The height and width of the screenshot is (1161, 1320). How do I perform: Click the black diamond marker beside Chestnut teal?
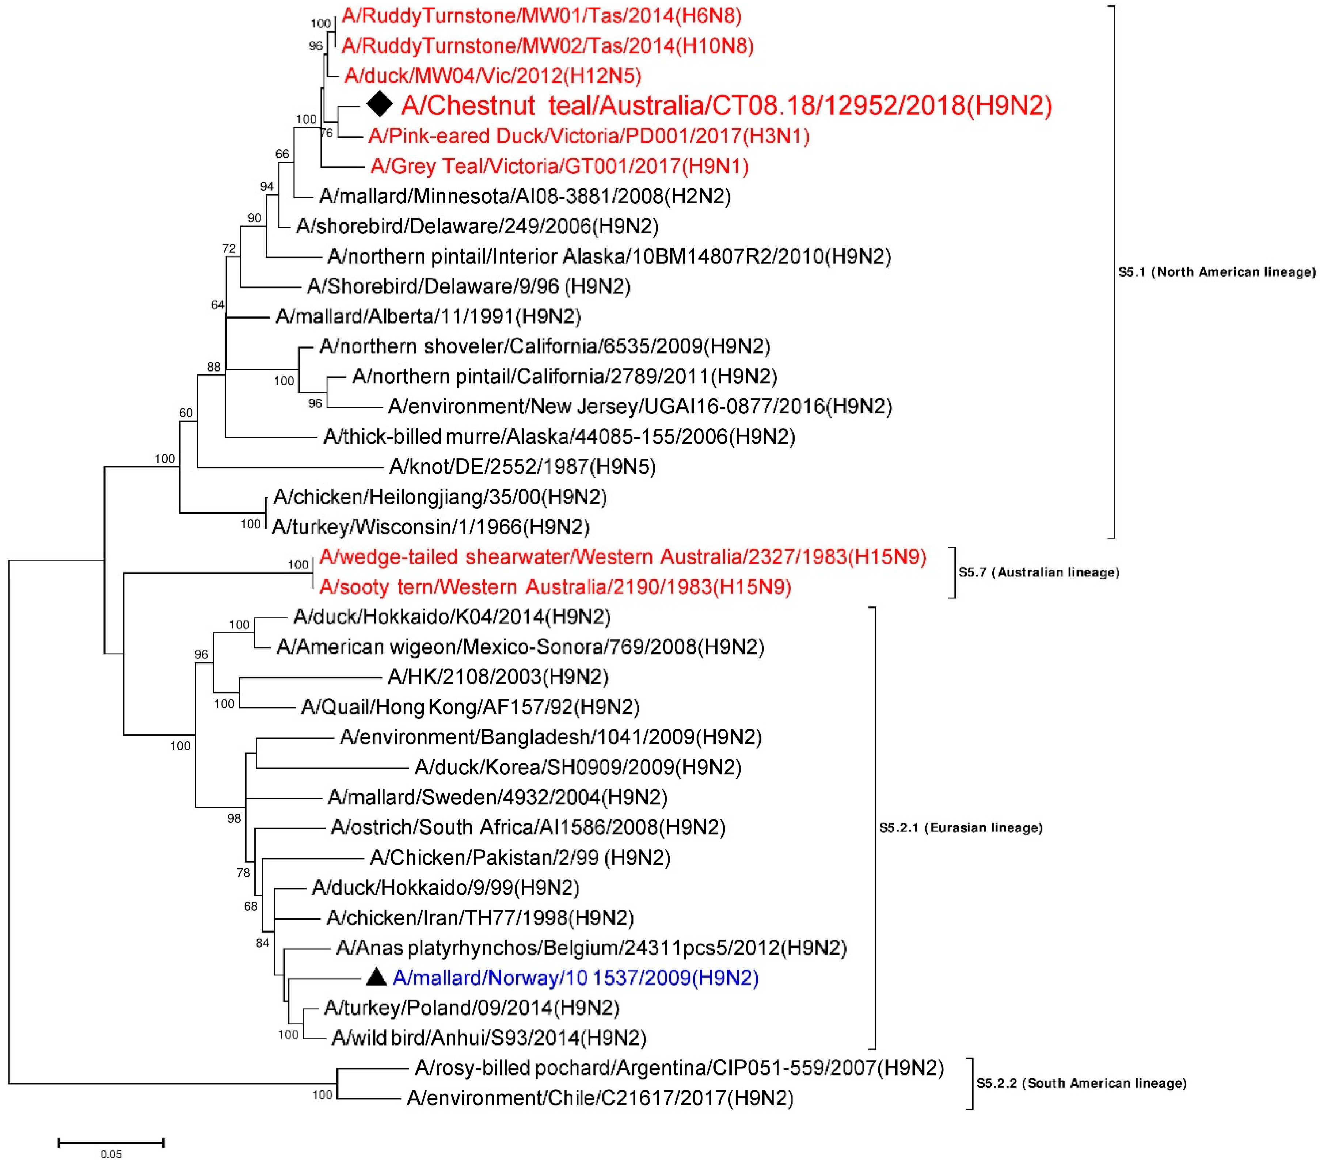point(380,104)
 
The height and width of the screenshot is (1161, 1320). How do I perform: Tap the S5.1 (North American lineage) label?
point(1217,272)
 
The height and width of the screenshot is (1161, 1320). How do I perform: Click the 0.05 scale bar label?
point(111,1154)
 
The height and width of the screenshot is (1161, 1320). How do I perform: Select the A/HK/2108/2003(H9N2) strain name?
point(498,677)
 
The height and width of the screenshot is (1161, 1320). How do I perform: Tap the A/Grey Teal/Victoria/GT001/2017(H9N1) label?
point(559,167)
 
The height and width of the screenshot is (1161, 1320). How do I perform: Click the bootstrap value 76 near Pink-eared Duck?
point(327,133)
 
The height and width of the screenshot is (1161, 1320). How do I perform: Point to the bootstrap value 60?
point(186,412)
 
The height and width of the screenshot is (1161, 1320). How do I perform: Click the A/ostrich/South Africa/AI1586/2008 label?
point(528,827)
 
